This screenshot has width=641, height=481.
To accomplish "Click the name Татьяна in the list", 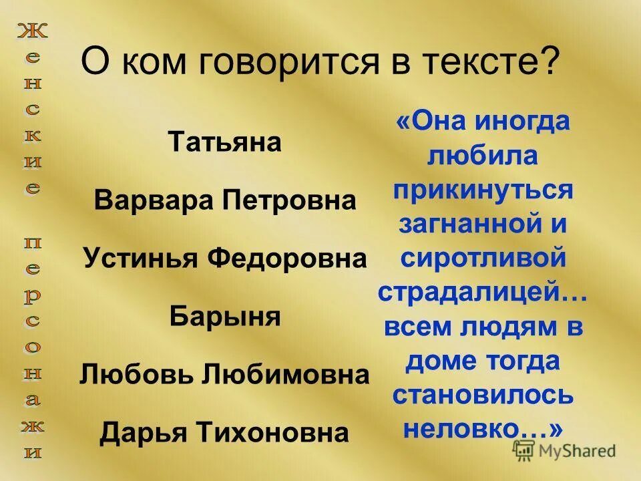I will tap(225, 143).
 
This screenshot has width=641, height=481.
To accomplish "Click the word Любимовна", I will tap(285, 375).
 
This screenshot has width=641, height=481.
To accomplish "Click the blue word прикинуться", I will tap(483, 189).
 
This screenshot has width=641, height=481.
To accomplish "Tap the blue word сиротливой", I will tap(483, 258).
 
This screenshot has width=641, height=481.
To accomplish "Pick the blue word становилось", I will tap(483, 395).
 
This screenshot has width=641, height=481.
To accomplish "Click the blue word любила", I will tap(483, 155).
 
